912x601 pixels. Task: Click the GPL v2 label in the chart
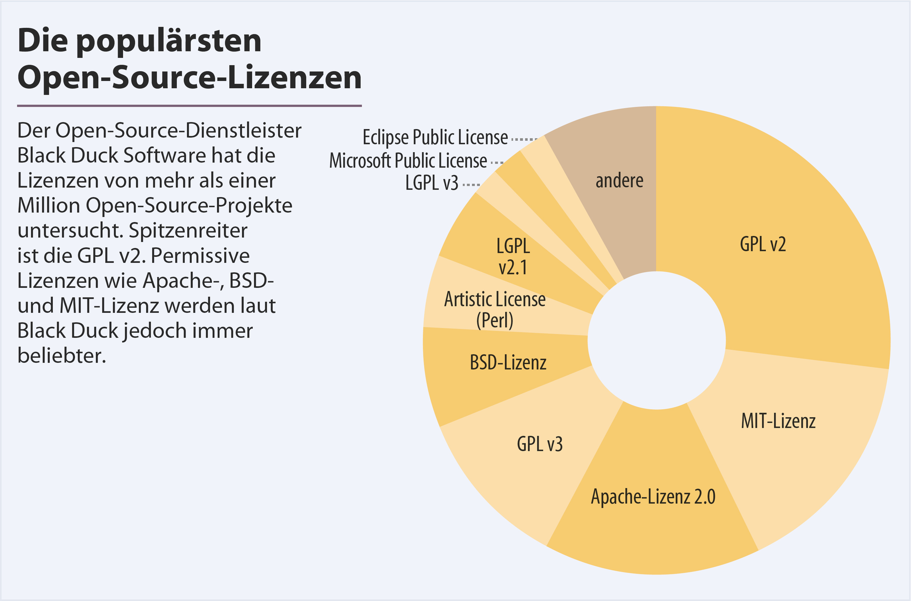click(763, 244)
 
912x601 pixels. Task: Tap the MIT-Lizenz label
click(778, 421)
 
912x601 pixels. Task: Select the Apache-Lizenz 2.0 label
click(653, 497)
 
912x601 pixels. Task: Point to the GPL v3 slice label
click(540, 444)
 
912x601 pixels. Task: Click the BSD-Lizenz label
click(508, 363)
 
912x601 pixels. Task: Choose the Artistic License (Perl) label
click(495, 310)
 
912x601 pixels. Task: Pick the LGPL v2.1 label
click(513, 256)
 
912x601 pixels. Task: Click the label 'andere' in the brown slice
click(619, 180)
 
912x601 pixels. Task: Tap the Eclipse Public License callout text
click(435, 137)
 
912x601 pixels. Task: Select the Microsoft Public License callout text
click(408, 160)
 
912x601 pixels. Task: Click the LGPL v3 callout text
click(431, 183)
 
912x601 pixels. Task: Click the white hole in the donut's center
click(656, 340)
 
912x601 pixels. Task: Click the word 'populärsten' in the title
click(169, 41)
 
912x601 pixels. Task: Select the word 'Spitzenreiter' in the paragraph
click(188, 231)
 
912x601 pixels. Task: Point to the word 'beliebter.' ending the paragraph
click(62, 356)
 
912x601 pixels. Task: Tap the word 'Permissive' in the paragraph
click(200, 256)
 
